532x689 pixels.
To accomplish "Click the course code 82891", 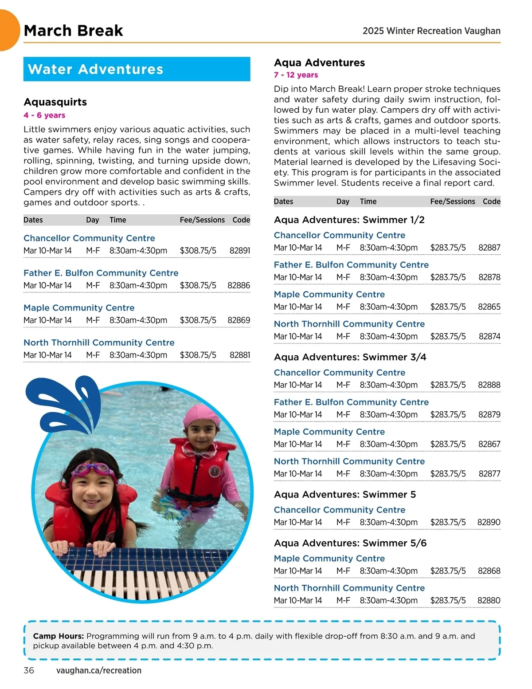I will [x=239, y=251].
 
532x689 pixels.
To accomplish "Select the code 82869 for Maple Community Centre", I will [x=239, y=320].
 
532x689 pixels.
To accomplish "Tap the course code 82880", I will [x=489, y=601].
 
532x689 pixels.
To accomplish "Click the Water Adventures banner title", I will [x=95, y=69].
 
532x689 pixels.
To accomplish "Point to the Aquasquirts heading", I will [x=55, y=102].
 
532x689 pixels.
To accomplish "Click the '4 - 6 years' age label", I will [x=44, y=115].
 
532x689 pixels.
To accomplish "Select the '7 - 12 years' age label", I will [x=296, y=75].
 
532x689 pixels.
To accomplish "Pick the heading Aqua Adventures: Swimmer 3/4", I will [x=350, y=357].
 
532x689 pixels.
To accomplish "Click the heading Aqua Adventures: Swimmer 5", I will [x=344, y=495].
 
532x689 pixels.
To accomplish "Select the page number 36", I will [x=29, y=670].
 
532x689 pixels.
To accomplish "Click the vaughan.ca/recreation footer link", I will [x=98, y=670].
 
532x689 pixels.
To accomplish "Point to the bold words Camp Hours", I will [x=58, y=636].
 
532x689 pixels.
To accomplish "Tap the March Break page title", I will [x=73, y=31].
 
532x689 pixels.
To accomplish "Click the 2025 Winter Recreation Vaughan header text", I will [x=431, y=31].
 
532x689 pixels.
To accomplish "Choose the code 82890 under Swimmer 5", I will [x=489, y=523].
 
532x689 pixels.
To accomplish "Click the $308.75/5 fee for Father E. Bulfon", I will [x=198, y=286].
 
